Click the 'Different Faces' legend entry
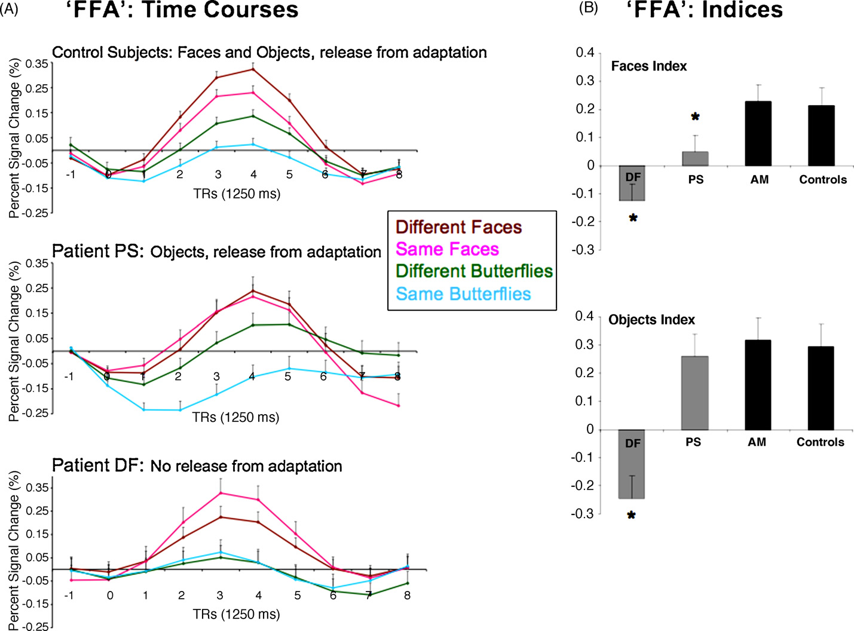(x=458, y=227)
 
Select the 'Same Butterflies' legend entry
(x=463, y=294)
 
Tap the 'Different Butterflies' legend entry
(x=474, y=271)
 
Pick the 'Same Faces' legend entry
(x=447, y=249)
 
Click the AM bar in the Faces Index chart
(x=759, y=134)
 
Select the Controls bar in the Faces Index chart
(x=821, y=136)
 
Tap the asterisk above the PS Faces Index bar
(x=695, y=117)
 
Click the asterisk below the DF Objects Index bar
(x=632, y=516)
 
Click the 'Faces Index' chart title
(x=648, y=66)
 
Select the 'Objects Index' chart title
(x=651, y=320)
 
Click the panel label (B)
(x=588, y=9)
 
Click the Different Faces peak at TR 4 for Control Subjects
(x=253, y=69)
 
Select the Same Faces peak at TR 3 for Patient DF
(x=220, y=493)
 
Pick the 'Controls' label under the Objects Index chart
(x=820, y=442)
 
